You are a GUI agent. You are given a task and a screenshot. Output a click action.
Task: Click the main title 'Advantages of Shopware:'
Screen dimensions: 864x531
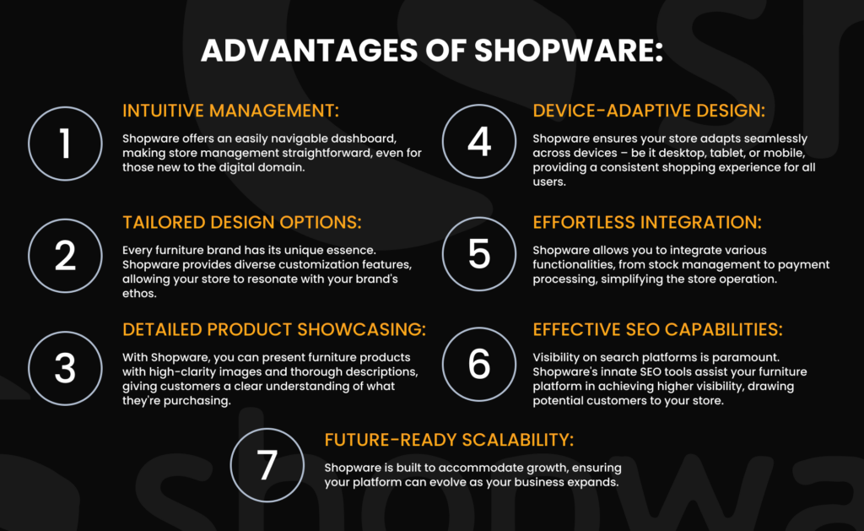(x=432, y=51)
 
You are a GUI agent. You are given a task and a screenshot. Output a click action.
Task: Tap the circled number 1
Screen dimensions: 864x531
(x=65, y=144)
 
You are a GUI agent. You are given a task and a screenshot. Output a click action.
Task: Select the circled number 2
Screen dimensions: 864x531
(x=65, y=255)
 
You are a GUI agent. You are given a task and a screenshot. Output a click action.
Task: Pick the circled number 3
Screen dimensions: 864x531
(x=65, y=368)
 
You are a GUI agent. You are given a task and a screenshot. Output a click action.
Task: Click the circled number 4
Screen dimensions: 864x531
(x=479, y=141)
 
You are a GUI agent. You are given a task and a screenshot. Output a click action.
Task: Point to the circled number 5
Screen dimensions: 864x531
(x=479, y=253)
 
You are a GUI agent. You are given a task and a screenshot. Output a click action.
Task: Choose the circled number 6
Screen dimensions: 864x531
(x=479, y=364)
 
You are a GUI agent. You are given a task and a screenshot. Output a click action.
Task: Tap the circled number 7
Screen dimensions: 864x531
(x=267, y=465)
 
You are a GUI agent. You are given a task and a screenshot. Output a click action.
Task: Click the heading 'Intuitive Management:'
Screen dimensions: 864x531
(x=231, y=111)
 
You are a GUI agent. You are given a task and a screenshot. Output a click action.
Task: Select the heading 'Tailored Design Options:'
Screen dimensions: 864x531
(x=242, y=222)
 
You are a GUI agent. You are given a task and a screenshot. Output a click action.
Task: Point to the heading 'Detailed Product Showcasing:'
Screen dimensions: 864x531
(x=274, y=329)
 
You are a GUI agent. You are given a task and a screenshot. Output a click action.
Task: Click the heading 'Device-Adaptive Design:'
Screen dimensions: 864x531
(x=649, y=111)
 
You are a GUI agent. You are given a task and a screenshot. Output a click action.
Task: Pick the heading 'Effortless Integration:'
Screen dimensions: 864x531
(x=647, y=222)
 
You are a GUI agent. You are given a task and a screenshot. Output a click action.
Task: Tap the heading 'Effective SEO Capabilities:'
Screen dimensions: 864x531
(x=658, y=329)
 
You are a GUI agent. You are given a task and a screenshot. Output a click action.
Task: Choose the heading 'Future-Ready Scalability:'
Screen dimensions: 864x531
(x=449, y=440)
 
